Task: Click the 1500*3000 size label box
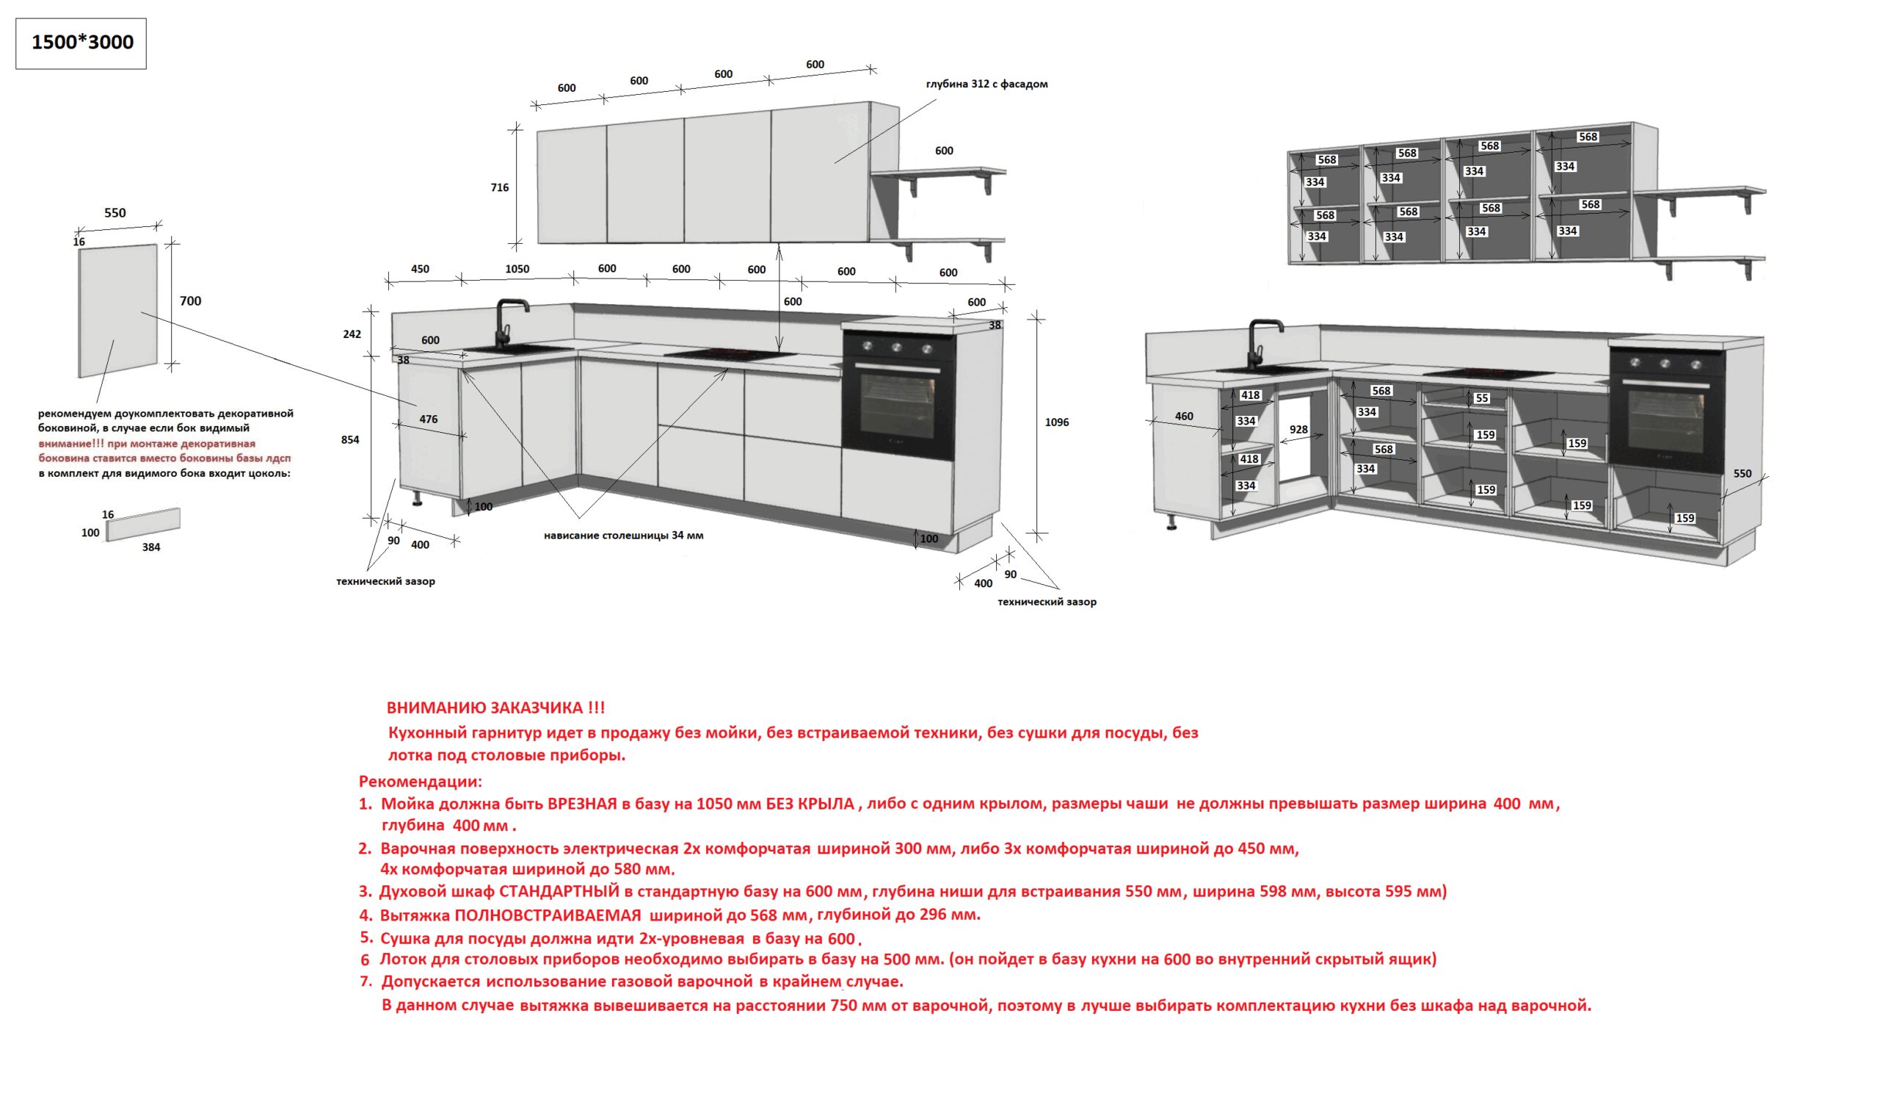pos(81,43)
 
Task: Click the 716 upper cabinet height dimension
pos(500,187)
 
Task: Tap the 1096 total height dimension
pos(1056,422)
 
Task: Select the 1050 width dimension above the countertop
pos(517,269)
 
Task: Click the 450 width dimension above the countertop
pos(420,269)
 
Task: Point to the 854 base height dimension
pos(349,439)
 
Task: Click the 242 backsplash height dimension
pos(352,334)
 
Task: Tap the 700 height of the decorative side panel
pos(190,300)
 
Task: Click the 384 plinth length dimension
pos(150,547)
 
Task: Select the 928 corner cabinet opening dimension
pos(1298,429)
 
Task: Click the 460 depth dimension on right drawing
pos(1183,417)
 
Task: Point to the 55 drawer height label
pos(1482,398)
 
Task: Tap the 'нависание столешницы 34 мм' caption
pos(623,535)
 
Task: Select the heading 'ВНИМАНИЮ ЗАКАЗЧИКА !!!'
pos(495,707)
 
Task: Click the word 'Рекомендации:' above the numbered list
pos(421,782)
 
